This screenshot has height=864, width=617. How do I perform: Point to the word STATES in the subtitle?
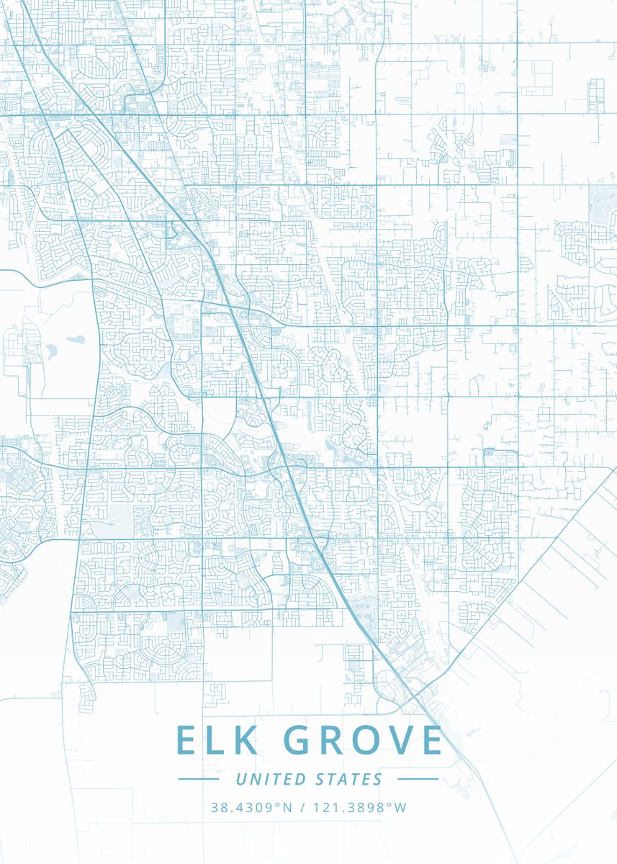pyautogui.click(x=349, y=779)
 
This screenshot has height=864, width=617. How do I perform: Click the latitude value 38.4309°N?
pyautogui.click(x=251, y=807)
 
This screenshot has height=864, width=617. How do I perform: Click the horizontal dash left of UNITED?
pyautogui.click(x=198, y=779)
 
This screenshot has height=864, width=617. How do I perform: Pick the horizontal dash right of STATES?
pyautogui.click(x=418, y=779)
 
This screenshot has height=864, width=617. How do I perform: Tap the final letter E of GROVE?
pyautogui.click(x=431, y=741)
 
